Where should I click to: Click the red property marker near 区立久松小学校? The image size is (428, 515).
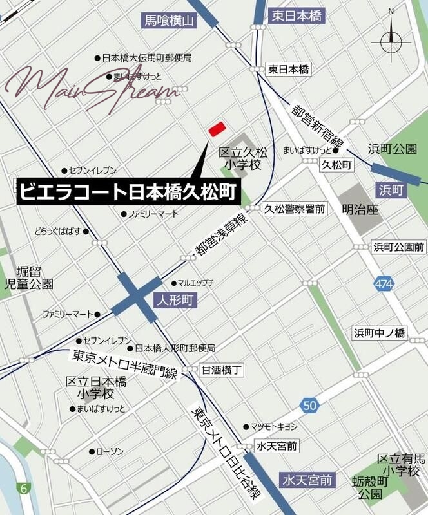(216, 129)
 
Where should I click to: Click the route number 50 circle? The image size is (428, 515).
(310, 405)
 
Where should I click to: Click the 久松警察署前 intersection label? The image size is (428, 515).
(294, 208)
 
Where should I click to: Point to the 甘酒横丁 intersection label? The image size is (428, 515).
(221, 370)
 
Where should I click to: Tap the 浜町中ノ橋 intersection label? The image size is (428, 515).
(379, 333)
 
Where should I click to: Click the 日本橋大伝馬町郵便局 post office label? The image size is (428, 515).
(146, 58)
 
